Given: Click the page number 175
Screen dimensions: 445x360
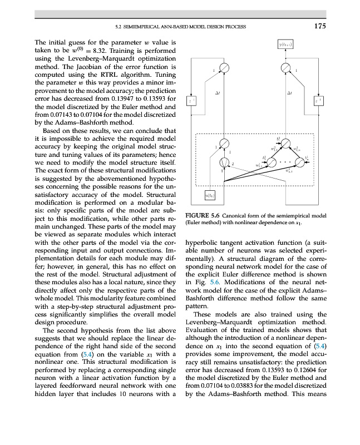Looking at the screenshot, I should (x=319, y=26).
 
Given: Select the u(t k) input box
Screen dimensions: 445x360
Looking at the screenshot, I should (x=211, y=195).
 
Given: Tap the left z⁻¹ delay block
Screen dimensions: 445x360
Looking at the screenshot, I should (x=192, y=100).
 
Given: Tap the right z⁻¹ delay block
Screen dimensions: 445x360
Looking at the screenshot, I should (x=319, y=100).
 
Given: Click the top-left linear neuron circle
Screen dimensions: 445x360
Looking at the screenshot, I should (x=224, y=68).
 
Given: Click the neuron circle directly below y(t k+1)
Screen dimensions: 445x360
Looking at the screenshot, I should (x=285, y=68).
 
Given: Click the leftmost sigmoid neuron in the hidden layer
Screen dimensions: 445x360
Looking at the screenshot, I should (x=272, y=162).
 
